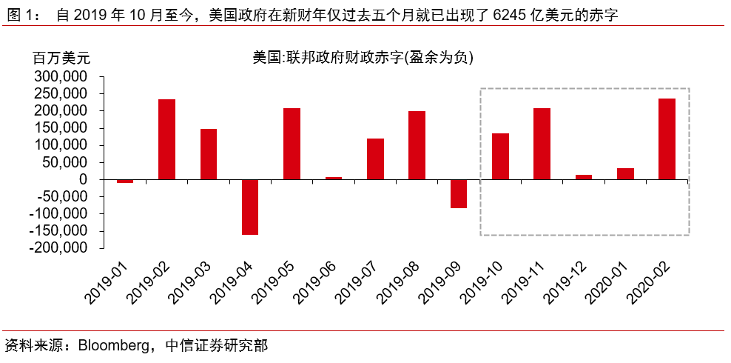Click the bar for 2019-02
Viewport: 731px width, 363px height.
point(167,139)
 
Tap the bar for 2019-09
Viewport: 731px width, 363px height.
point(459,193)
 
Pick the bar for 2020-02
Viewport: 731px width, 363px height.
point(667,139)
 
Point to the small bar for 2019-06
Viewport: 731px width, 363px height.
point(334,178)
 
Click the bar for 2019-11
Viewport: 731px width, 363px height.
point(542,144)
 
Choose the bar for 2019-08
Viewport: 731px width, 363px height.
point(417,145)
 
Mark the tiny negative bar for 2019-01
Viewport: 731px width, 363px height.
point(125,181)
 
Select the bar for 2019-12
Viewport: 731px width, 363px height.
point(584,177)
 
